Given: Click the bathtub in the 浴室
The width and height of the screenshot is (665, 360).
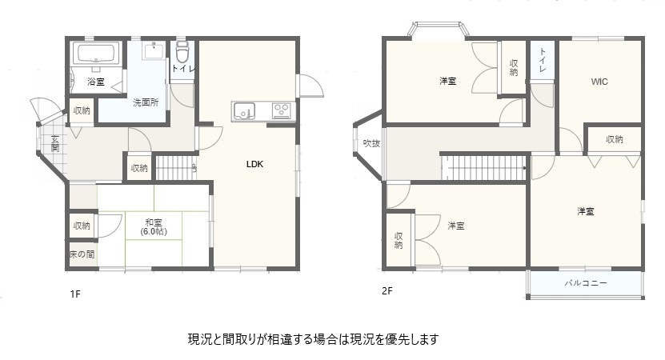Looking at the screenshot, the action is [96, 54].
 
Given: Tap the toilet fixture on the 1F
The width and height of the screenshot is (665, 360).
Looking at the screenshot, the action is [182, 52].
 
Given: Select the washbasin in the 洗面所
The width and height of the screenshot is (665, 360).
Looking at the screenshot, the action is [153, 51].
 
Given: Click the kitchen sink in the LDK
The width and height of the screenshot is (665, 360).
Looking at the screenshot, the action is [243, 111].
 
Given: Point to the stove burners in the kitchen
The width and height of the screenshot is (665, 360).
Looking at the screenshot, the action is [281, 110].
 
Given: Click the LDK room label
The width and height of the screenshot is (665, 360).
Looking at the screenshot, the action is [255, 164].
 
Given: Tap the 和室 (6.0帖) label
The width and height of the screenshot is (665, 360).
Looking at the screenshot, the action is [154, 227].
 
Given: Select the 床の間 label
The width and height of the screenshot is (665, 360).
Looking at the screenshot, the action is [82, 254].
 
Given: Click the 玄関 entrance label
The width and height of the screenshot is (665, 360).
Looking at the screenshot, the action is [55, 143].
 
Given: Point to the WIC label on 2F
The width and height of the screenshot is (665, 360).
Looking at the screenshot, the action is [599, 82].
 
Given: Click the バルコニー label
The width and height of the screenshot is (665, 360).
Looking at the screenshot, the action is [586, 283].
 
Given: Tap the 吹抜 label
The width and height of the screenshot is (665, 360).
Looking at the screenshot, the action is [371, 143].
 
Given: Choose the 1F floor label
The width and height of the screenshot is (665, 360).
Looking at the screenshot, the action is [75, 294].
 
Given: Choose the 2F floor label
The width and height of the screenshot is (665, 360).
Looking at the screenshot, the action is [387, 291].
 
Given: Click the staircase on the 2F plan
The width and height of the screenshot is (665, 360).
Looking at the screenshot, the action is [484, 167].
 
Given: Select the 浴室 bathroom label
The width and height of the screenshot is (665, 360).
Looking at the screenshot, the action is [96, 82].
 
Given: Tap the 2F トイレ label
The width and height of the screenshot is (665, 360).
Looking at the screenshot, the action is [543, 59].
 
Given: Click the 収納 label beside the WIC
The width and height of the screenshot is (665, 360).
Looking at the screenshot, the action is [614, 139].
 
